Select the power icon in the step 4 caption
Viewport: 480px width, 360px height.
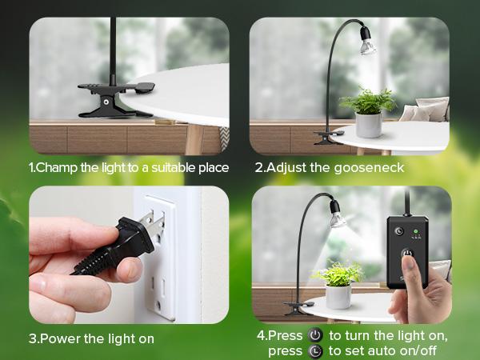click(315, 335)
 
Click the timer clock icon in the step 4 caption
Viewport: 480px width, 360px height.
click(315, 351)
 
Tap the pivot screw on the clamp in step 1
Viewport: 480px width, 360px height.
click(106, 102)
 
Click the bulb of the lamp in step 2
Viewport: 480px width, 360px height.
click(367, 45)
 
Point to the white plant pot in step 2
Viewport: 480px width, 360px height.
click(369, 125)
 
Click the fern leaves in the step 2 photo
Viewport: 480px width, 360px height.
click(368, 101)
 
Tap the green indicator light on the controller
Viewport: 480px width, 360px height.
click(416, 231)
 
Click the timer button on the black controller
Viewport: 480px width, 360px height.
click(399, 231)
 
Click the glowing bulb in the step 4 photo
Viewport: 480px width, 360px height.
click(337, 218)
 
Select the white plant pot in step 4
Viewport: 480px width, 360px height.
click(338, 296)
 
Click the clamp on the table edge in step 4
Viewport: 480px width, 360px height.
click(298, 307)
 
